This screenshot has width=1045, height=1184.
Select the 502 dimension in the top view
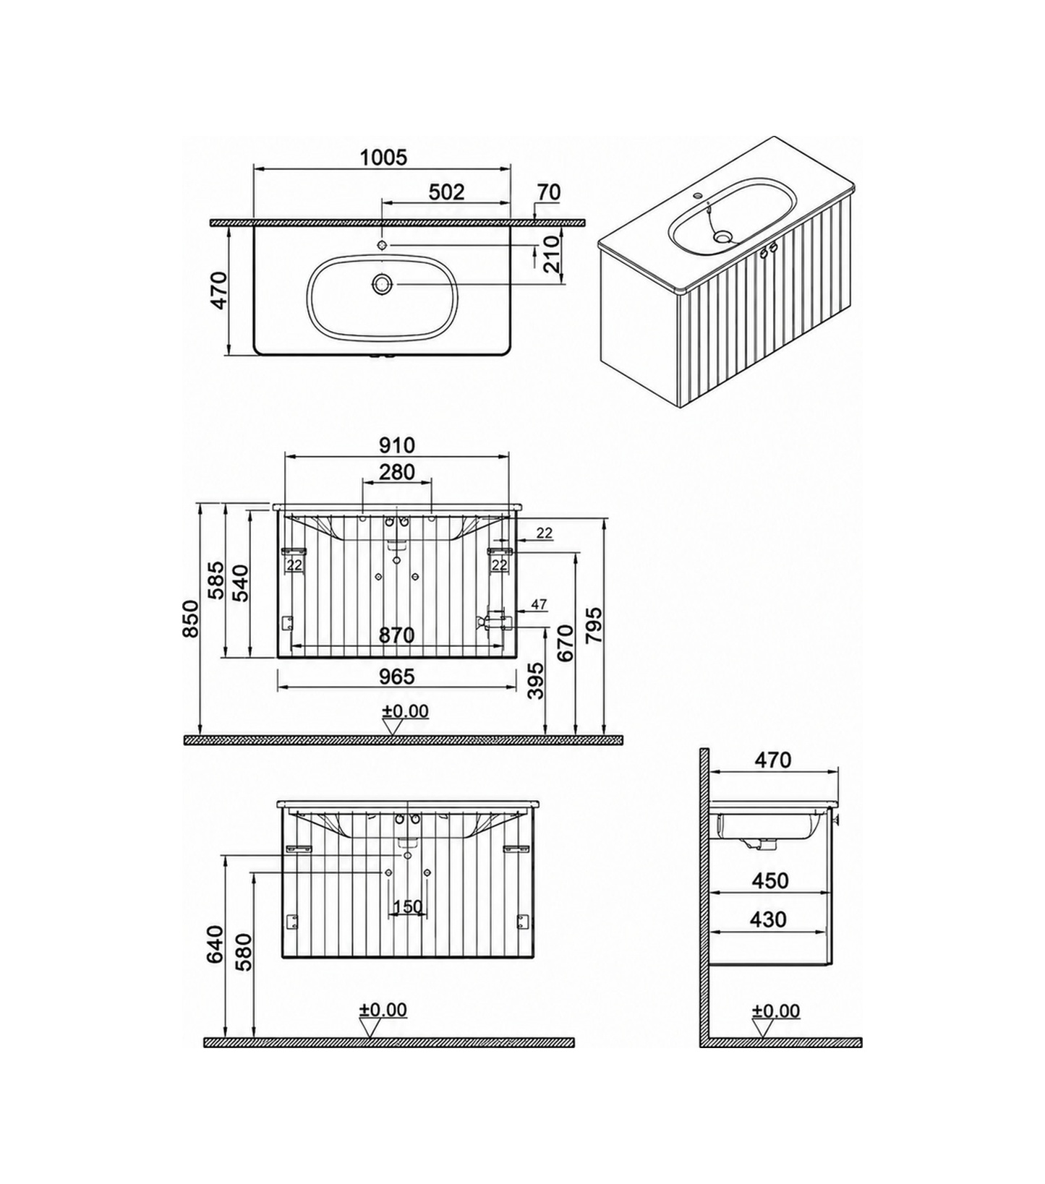(446, 192)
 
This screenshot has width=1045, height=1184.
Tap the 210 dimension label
(553, 254)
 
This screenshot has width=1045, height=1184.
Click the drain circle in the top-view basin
(381, 284)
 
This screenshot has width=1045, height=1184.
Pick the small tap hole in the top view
(383, 244)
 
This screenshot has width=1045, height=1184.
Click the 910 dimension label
(396, 445)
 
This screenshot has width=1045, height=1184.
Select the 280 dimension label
(397, 472)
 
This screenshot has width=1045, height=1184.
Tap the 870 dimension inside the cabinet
(397, 635)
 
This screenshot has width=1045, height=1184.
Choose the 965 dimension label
(397, 676)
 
